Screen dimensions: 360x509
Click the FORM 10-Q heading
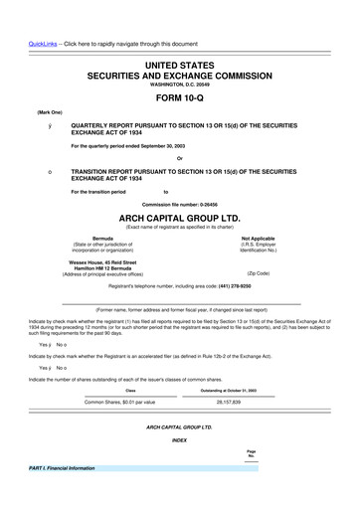[179, 97]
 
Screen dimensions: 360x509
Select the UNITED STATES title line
[179, 65]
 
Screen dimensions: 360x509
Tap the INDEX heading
[179, 438]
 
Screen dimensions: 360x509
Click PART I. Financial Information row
[63, 467]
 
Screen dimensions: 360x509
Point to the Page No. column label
[251, 453]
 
